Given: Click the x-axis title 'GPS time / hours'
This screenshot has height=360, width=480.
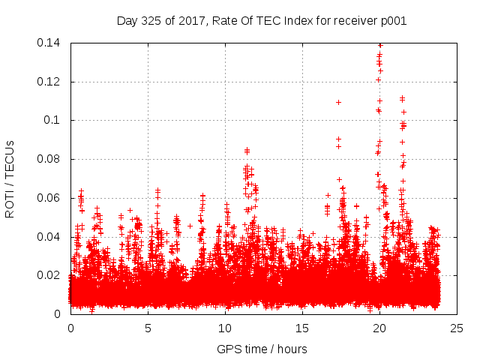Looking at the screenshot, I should click(x=262, y=349).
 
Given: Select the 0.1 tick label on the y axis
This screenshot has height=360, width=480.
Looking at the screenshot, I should click(x=55, y=120).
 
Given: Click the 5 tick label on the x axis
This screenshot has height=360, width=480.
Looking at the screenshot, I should click(x=148, y=328).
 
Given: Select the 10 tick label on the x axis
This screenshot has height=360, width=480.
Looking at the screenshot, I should click(x=225, y=328).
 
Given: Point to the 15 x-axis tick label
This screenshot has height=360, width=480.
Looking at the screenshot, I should click(x=302, y=328).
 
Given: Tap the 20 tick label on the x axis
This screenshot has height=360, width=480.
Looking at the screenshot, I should click(x=379, y=328).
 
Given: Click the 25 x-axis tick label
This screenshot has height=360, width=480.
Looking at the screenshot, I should click(x=456, y=328).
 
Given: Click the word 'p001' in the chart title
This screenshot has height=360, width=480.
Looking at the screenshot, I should click(x=393, y=20).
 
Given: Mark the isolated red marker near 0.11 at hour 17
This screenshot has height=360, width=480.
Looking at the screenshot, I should click(x=338, y=102).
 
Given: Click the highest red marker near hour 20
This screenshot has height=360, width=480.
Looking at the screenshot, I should click(x=380, y=45).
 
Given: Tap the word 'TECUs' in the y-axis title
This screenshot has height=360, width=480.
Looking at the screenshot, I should click(x=10, y=160).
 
